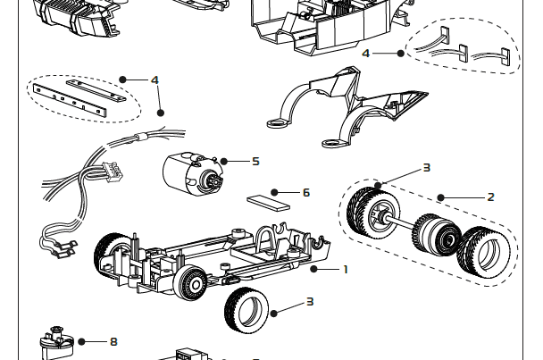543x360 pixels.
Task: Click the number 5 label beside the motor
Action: (255, 162)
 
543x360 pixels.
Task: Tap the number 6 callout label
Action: (306, 192)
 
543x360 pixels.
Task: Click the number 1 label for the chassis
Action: (345, 269)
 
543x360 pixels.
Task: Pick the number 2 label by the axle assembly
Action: (490, 197)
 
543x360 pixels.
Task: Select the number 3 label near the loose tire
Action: (310, 302)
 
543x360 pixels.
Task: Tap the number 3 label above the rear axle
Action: (426, 167)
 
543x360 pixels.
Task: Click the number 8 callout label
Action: (113, 341)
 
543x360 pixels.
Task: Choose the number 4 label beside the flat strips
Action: (155, 80)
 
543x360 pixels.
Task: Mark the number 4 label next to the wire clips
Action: (366, 54)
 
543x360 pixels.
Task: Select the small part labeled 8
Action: (55, 344)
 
